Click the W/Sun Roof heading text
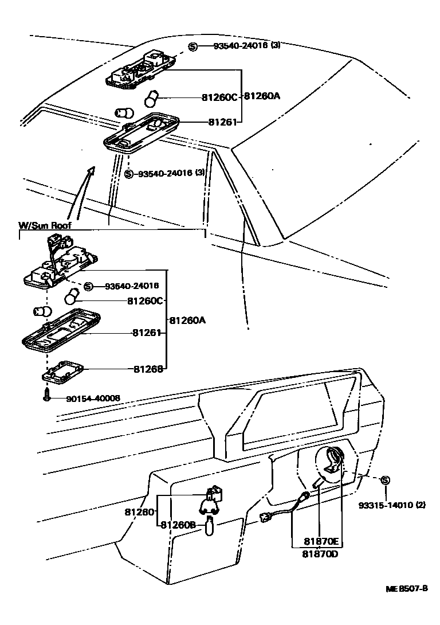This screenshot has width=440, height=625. coord(45,225)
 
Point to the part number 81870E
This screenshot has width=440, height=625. coord(322,541)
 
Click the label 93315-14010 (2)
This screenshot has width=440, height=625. coord(392,505)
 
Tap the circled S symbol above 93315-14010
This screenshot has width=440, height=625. coord(385,480)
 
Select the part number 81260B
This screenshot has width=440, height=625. coord(178,525)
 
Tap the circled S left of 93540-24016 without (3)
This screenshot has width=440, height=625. coord(88,286)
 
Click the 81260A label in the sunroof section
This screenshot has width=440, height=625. coord(187,321)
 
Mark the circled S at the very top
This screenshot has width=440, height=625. coord(193,46)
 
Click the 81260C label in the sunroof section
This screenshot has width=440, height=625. coord(146,300)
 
